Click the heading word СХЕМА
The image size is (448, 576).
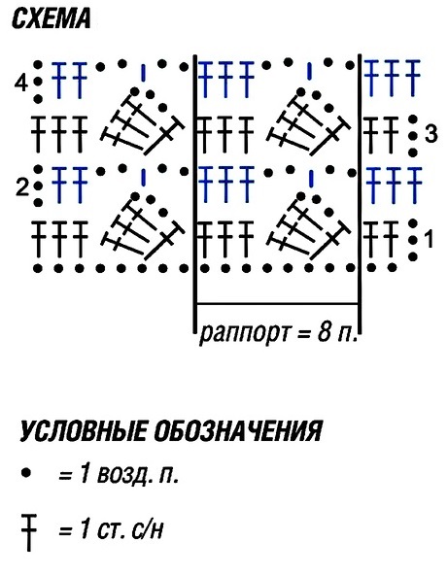click(52, 19)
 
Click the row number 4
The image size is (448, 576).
click(21, 84)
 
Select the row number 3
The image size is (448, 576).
click(431, 133)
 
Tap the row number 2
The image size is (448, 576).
click(22, 188)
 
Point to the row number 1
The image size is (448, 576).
click(429, 239)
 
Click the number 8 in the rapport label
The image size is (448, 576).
click(325, 332)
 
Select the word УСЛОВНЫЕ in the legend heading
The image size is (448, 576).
click(83, 430)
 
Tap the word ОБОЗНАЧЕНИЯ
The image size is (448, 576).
click(238, 430)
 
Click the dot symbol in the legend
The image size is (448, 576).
click(25, 472)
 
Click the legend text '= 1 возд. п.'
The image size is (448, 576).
click(119, 474)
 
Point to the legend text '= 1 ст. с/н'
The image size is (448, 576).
click(110, 529)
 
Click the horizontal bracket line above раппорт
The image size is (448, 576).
click(277, 303)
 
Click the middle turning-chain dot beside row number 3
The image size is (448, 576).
click(413, 136)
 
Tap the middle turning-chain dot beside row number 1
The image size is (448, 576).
click(413, 240)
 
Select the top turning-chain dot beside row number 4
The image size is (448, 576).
click(37, 65)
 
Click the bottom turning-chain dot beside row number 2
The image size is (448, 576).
click(37, 202)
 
